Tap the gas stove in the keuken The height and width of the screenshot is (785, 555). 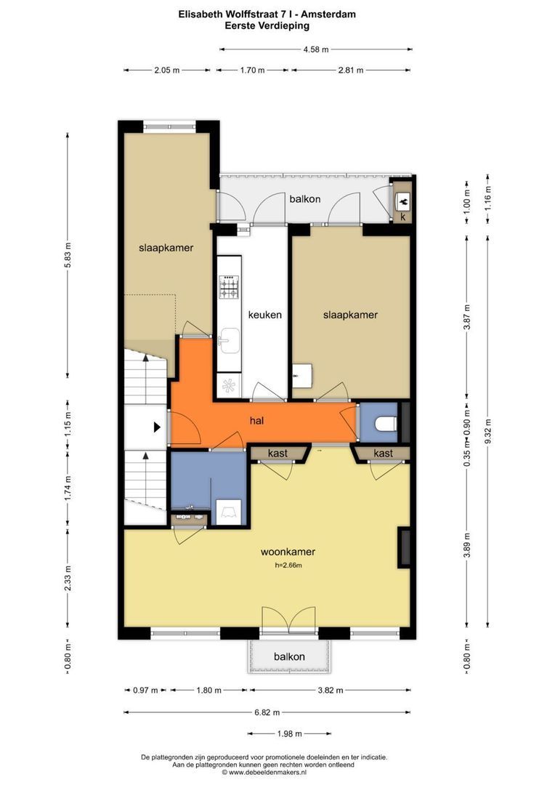[x=230, y=287]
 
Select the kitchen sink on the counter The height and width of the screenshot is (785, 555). [x=230, y=340]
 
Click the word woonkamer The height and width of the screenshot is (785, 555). [x=288, y=552]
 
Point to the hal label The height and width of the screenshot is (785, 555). [x=256, y=421]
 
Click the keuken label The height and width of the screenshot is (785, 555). [x=264, y=315]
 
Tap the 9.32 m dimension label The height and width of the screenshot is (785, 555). [x=488, y=432]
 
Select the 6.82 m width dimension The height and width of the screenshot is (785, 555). [x=267, y=712]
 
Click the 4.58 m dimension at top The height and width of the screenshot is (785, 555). [x=316, y=49]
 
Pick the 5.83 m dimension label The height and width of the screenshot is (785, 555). [x=68, y=255]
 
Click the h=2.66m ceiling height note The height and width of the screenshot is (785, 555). [x=288, y=565]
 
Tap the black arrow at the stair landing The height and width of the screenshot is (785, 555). [x=157, y=427]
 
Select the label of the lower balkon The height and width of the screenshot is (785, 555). [x=289, y=656]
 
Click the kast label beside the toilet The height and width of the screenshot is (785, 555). [x=383, y=453]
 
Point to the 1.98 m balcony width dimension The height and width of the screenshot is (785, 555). [x=289, y=734]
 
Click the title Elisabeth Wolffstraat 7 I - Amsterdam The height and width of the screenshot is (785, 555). [x=267, y=15]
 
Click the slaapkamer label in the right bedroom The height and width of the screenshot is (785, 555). [x=350, y=315]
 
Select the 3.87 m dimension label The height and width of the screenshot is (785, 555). [x=467, y=317]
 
